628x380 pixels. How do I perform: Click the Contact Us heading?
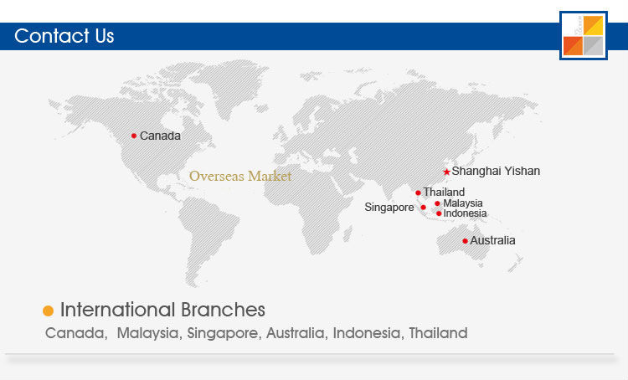(x=64, y=36)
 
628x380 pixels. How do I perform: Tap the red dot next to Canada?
(x=134, y=136)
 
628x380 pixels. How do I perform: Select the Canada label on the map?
(x=160, y=136)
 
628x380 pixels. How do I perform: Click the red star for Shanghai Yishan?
(x=446, y=172)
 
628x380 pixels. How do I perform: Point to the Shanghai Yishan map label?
(x=496, y=171)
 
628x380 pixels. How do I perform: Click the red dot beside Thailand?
(x=418, y=193)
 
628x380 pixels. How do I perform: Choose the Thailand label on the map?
(x=444, y=193)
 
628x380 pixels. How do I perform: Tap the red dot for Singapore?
(x=424, y=208)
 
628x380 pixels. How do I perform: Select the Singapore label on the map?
(x=389, y=208)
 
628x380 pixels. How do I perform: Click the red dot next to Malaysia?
(x=437, y=203)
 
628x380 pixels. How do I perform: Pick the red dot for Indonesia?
(x=439, y=213)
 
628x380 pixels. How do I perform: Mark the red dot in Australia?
(x=465, y=241)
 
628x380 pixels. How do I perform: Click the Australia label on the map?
(x=492, y=240)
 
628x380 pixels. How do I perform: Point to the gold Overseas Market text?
(x=240, y=176)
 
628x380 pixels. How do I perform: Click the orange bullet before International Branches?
(x=48, y=311)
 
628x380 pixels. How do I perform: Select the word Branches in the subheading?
(x=223, y=310)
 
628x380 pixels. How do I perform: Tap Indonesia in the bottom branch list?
(x=367, y=333)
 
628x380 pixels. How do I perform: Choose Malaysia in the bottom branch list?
(x=147, y=333)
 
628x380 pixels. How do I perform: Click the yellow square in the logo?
(x=593, y=26)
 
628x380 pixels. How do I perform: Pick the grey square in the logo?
(x=593, y=46)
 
